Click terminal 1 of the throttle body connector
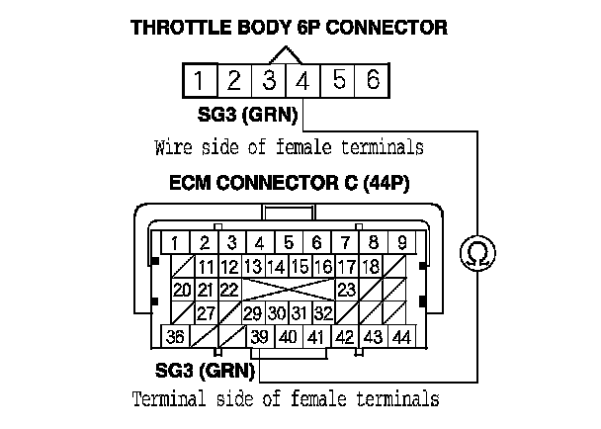[x=199, y=80]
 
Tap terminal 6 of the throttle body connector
[x=372, y=80]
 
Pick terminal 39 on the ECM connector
[x=259, y=337]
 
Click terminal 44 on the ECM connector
[x=401, y=337]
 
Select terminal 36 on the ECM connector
[x=175, y=337]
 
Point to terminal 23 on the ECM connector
[x=346, y=290]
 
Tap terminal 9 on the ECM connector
[x=401, y=242]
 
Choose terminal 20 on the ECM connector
[x=181, y=290]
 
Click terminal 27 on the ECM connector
[x=206, y=313]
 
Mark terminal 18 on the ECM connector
[x=372, y=266]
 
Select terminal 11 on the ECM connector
[x=206, y=266]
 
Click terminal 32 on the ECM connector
[x=322, y=313]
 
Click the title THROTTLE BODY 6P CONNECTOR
[x=289, y=28]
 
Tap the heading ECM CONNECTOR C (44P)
[x=289, y=185]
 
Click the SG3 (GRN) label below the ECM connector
[x=206, y=372]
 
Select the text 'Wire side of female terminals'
[x=289, y=148]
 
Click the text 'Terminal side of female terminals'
[x=285, y=400]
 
